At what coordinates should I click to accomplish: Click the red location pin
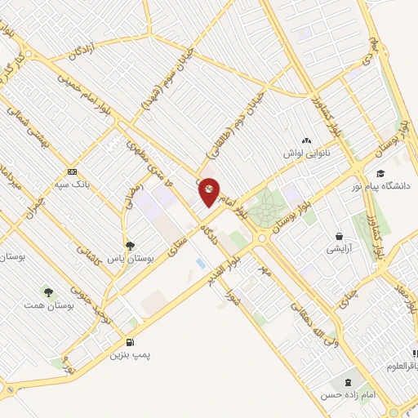[x=209, y=192]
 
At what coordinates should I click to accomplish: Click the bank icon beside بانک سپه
[x=73, y=171]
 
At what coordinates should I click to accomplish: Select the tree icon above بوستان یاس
[x=130, y=246]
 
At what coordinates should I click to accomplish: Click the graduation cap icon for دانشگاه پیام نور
[x=380, y=173]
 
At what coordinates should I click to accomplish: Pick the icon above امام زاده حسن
[x=351, y=381]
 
